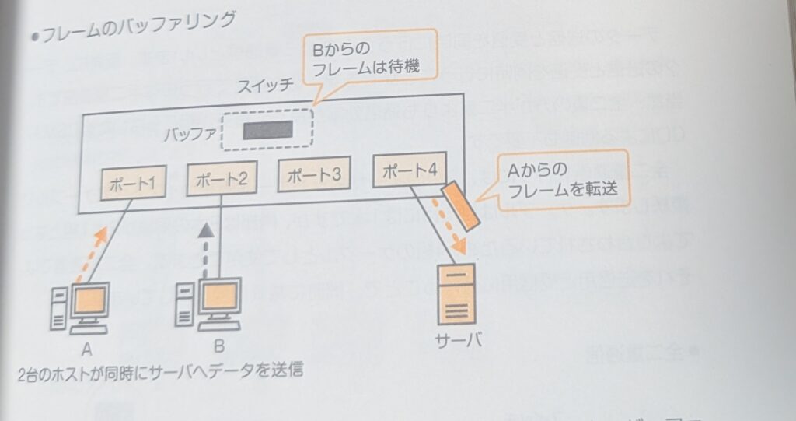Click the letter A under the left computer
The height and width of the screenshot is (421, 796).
[x=87, y=346]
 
